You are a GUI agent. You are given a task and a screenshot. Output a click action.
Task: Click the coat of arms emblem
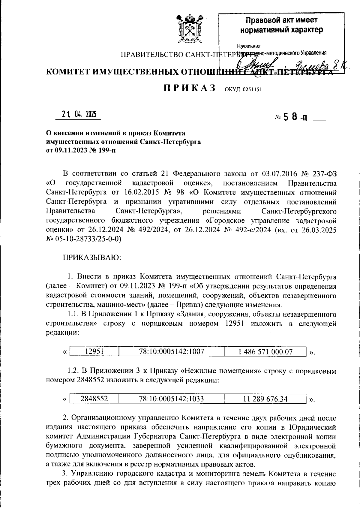188,29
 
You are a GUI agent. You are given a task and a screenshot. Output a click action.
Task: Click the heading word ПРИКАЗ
190,88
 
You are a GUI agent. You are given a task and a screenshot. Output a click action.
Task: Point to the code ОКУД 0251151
243,89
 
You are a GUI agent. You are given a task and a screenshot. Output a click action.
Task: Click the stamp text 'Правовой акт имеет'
281,20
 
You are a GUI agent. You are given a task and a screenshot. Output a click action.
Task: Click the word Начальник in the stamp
249,47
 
